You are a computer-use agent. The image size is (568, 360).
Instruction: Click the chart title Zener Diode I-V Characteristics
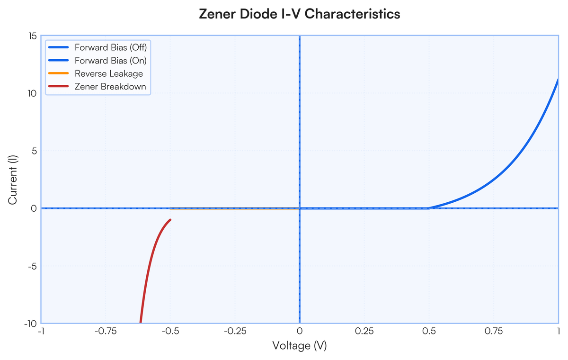click(x=300, y=14)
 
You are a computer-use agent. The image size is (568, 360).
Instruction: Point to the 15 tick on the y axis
click(x=33, y=36)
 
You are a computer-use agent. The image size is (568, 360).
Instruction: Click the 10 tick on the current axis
click(x=33, y=94)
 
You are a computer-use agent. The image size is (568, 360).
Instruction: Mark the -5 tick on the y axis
click(x=33, y=266)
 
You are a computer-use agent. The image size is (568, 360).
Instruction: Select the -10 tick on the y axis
click(x=30, y=324)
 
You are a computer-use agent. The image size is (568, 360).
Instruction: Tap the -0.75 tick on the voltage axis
click(x=106, y=331)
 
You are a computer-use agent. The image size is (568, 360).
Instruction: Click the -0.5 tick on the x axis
click(x=170, y=331)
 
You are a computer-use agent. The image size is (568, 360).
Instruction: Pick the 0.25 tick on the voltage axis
click(x=364, y=331)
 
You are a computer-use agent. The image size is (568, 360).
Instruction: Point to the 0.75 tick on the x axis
click(x=493, y=331)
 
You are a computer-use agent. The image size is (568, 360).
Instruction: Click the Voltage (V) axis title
click(x=300, y=345)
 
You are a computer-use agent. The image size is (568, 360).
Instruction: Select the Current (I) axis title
click(x=12, y=180)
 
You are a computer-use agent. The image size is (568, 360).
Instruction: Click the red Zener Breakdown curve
click(x=148, y=264)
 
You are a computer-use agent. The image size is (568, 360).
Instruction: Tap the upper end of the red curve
click(x=170, y=219)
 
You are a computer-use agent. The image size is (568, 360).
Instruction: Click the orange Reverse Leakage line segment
click(x=235, y=208)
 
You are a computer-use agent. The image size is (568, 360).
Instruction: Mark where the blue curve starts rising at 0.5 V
click(x=429, y=208)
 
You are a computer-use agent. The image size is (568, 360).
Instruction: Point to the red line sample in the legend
click(x=59, y=86)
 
